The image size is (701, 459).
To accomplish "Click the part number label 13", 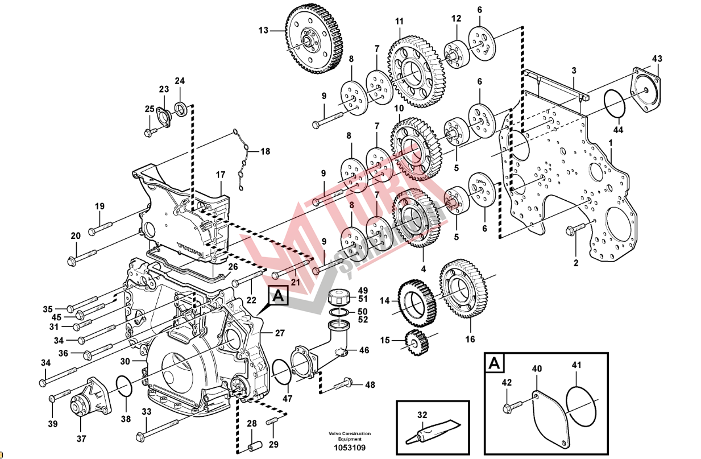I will pyautogui.click(x=263, y=30).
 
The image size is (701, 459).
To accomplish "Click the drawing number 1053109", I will pyautogui.click(x=349, y=447).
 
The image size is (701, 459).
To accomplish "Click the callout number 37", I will pyautogui.click(x=81, y=439).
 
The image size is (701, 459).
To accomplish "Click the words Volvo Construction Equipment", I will pyautogui.click(x=349, y=436).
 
